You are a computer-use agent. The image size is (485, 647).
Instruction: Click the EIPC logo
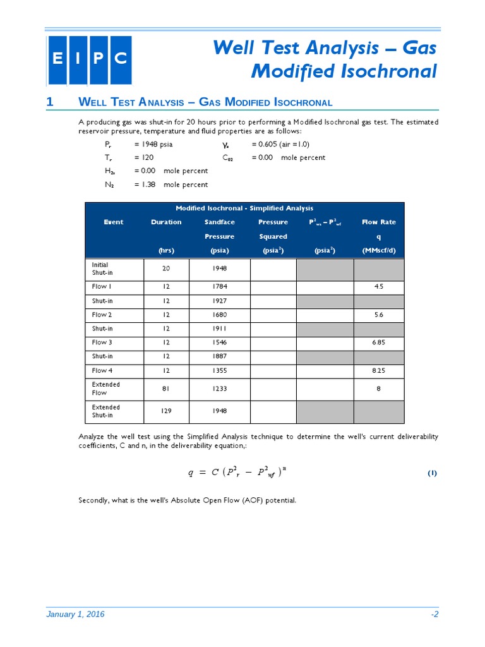[x=89, y=60]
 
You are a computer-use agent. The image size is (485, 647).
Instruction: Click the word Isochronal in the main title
[x=391, y=71]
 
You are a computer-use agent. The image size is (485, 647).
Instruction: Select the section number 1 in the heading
[x=50, y=102]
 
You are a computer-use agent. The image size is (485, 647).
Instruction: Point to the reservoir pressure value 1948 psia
[x=153, y=144]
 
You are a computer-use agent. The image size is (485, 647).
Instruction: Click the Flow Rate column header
[x=378, y=222]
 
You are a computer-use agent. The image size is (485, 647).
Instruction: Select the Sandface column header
[x=219, y=222]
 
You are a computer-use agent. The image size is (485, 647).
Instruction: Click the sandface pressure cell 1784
[x=219, y=286]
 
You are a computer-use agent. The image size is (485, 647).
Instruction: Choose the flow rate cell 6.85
[x=378, y=342]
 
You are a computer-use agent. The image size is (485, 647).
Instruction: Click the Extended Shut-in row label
[x=106, y=411]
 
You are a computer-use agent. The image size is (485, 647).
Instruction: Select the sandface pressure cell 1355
[x=219, y=370]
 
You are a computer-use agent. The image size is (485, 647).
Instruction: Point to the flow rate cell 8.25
[x=378, y=370]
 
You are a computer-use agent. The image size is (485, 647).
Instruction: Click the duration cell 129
[x=166, y=411]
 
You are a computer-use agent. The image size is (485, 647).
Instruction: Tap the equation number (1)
[x=432, y=473]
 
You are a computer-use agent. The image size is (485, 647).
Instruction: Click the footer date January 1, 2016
[x=76, y=614]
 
